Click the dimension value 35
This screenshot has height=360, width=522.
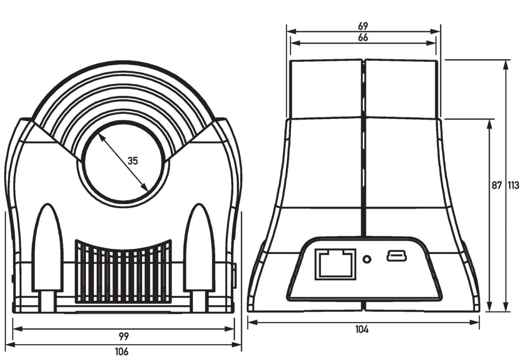click(x=133, y=161)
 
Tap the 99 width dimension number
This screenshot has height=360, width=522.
click(x=124, y=336)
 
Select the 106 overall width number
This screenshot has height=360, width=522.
click(x=122, y=352)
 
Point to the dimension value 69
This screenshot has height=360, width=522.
click(x=363, y=27)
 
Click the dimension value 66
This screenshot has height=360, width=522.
click(x=363, y=37)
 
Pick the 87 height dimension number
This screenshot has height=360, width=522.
click(x=497, y=185)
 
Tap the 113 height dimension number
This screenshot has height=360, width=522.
click(x=513, y=185)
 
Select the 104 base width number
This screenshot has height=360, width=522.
click(x=362, y=330)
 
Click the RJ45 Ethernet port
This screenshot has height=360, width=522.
click(x=335, y=264)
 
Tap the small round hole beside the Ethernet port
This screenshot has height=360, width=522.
click(x=367, y=259)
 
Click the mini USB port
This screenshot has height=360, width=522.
click(x=397, y=256)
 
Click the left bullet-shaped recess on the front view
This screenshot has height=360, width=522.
click(x=47, y=248)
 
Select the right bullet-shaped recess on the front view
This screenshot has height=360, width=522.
click(x=199, y=248)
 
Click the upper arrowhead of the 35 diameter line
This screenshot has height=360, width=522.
click(x=100, y=138)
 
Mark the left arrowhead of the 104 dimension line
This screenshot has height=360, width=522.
click(x=252, y=323)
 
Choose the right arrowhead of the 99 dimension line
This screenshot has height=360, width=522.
click(x=229, y=329)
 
